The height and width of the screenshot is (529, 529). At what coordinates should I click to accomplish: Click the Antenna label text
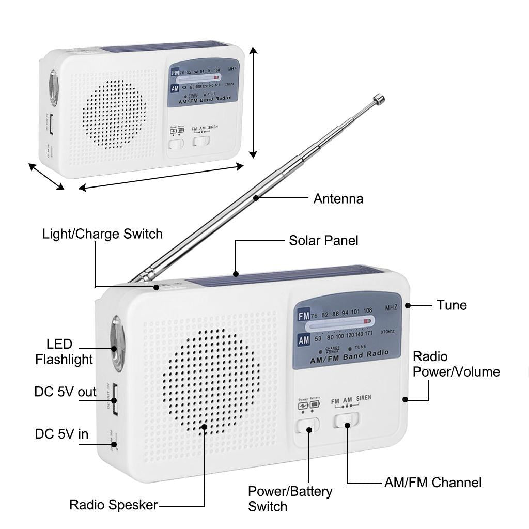[338, 198]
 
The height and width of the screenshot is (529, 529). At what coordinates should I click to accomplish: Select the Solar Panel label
[323, 240]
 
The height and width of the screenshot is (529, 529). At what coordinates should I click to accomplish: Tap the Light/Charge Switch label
[102, 234]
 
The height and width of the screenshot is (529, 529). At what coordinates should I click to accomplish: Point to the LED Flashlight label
[64, 352]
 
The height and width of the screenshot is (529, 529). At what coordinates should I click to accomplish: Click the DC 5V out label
[65, 392]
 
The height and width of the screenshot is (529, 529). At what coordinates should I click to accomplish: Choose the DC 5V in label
[61, 434]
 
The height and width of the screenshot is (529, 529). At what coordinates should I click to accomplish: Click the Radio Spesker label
[114, 505]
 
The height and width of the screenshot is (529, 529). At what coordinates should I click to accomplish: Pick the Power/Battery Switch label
[290, 499]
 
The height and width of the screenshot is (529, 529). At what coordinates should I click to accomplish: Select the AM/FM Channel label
[432, 483]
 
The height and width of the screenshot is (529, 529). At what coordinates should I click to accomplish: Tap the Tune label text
[452, 305]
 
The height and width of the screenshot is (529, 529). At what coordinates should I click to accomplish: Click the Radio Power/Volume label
[456, 364]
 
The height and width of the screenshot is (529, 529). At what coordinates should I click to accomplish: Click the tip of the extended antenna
[379, 98]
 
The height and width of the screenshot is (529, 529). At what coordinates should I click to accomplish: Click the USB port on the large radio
[113, 398]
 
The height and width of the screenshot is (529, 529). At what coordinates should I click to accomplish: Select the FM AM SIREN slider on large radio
[346, 419]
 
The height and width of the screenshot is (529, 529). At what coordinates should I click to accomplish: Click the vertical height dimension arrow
[253, 102]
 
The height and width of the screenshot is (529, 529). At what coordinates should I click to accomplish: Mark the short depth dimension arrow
[46, 177]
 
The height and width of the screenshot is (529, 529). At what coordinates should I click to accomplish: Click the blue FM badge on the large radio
[303, 316]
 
